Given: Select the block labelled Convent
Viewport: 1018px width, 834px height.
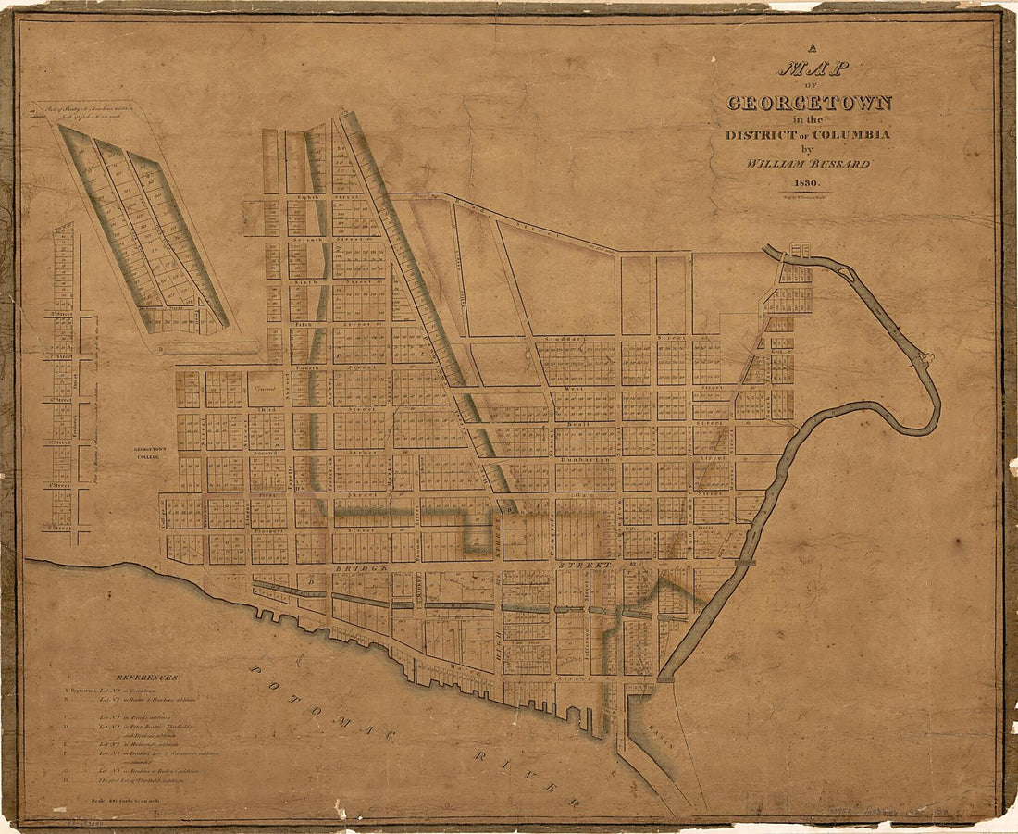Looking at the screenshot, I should (x=267, y=389).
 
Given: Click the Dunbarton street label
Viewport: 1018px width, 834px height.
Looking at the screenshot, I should (x=579, y=457).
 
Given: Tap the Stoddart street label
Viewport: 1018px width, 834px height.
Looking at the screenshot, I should (x=565, y=339).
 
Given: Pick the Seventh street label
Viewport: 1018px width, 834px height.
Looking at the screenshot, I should (x=307, y=239).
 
